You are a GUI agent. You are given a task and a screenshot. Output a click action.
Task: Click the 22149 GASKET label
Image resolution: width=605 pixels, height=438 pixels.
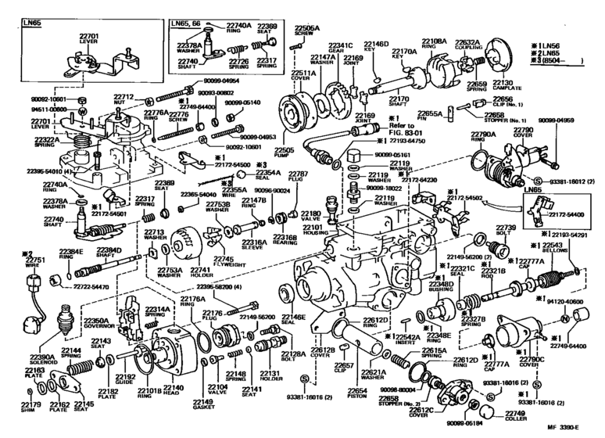[203, 406]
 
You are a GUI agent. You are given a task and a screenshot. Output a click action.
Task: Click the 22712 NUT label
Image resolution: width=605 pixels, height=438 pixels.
[126, 100]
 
